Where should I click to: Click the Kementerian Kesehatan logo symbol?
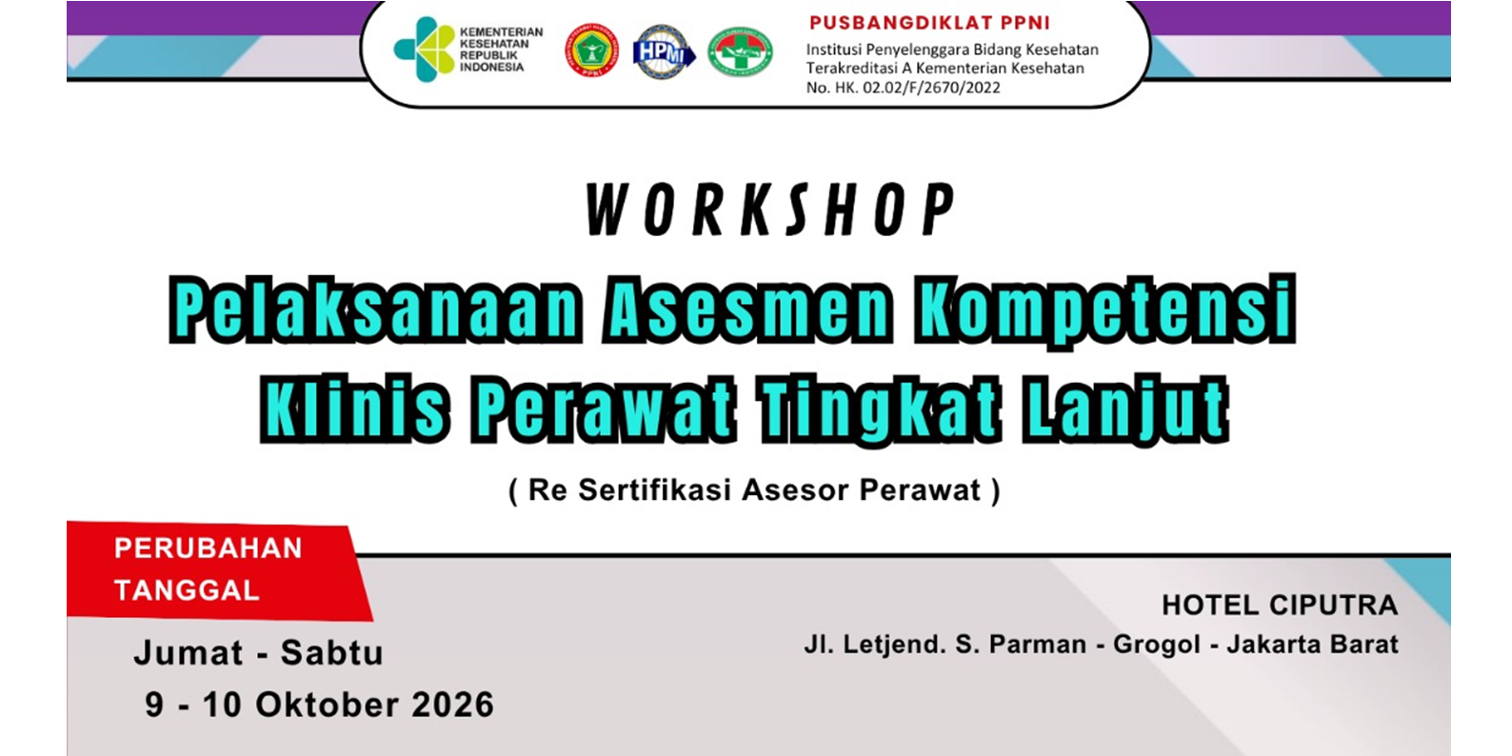tap(424, 50)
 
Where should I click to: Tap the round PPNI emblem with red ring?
tap(592, 50)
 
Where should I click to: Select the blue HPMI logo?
tap(664, 52)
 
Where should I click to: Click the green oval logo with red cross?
tap(740, 52)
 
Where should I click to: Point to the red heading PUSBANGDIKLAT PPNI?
tap(929, 23)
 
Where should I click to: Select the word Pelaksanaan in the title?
tap(375, 309)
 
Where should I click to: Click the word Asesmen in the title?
tap(747, 309)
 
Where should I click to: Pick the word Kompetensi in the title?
tap(1105, 311)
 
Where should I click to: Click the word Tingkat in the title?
tap(879, 409)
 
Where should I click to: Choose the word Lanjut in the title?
tap(1125, 409)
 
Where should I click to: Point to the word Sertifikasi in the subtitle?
tap(655, 490)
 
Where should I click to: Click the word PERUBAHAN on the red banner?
tap(208, 548)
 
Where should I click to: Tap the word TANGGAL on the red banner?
tap(187, 590)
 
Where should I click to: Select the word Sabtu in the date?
tap(332, 653)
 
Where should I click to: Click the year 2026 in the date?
tap(453, 705)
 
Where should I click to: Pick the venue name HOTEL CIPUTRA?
tap(1280, 605)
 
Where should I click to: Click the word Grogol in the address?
tap(1156, 645)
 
